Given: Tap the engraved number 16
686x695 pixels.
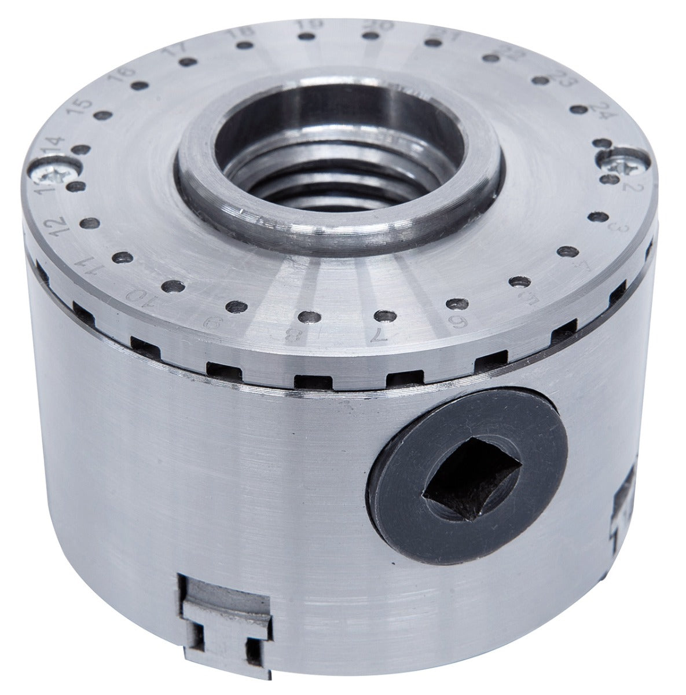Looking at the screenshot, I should pyautogui.click(x=124, y=76).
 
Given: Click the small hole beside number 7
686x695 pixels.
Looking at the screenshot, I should pyautogui.click(x=381, y=315).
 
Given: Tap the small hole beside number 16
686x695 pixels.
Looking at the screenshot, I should pyautogui.click(x=137, y=86).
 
